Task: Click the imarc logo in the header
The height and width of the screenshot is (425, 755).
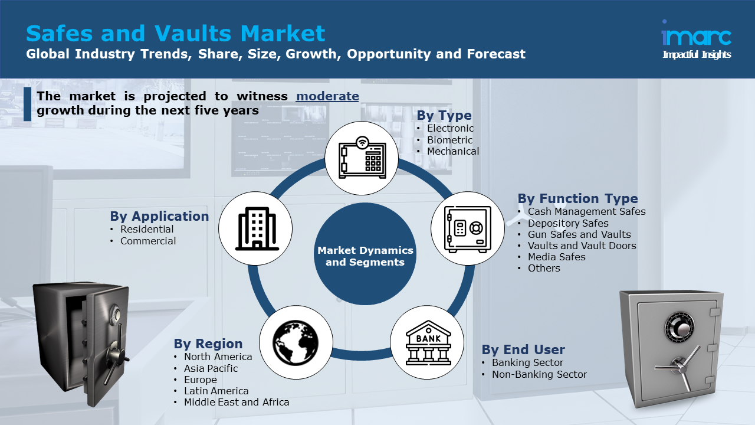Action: click(697, 37)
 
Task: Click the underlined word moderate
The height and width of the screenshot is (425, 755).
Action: click(327, 96)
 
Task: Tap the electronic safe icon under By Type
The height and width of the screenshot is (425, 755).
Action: click(362, 158)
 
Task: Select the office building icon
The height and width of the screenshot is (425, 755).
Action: click(255, 228)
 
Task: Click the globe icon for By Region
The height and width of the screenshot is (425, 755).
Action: click(296, 342)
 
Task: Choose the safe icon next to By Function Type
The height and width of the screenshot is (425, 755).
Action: click(468, 228)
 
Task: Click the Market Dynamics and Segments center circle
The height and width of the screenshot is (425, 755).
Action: click(365, 256)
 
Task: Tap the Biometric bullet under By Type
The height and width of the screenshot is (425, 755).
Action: click(449, 140)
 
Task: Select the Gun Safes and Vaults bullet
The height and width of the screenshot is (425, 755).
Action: click(579, 234)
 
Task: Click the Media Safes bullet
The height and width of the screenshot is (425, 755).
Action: click(556, 257)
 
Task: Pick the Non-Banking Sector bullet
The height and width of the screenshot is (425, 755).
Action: click(539, 374)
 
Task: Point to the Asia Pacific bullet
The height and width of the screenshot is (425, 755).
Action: click(211, 368)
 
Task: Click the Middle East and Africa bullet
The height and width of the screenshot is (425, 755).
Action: click(237, 402)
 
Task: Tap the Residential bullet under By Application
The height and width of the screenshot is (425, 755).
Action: click(147, 229)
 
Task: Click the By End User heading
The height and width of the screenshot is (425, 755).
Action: click(523, 349)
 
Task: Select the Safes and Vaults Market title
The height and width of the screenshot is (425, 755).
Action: click(175, 33)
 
